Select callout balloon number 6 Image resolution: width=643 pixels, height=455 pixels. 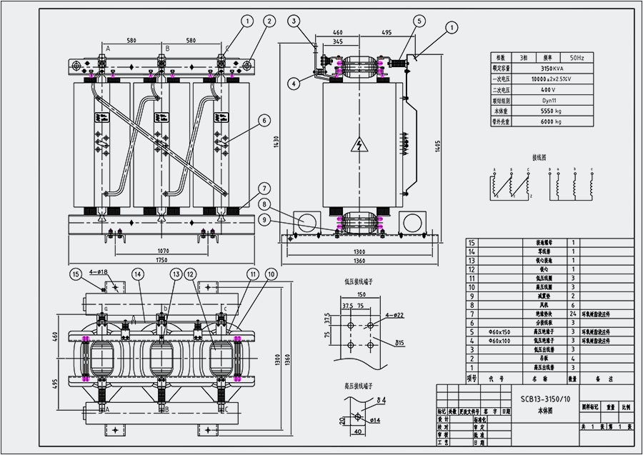tap(264, 121)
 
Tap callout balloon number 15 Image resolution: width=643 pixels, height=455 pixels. tap(76, 274)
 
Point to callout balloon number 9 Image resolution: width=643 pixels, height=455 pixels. tap(264, 221)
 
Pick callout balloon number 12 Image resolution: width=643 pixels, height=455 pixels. tap(190, 274)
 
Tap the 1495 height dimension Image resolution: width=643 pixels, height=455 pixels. tap(437, 145)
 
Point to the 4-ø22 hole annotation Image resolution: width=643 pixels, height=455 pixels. tap(392, 315)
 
